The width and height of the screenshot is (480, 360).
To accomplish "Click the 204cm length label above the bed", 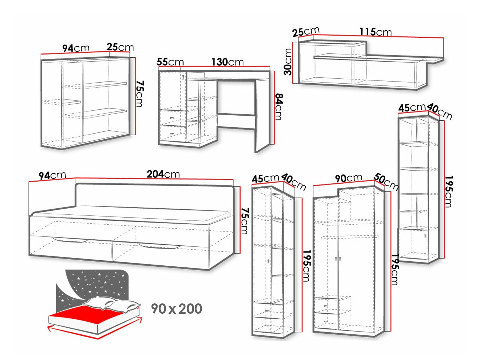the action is [163, 174].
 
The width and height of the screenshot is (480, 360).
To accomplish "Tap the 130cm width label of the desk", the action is [227, 62].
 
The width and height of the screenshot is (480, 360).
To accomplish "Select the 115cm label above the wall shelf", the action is [375, 32].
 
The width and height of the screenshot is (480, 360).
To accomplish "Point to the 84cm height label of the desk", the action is [279, 107].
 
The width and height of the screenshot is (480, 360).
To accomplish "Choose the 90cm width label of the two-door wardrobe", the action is [349, 178].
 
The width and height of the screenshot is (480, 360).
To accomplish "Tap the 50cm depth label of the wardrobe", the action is [386, 182].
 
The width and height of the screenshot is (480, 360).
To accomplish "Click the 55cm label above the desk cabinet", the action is [170, 62].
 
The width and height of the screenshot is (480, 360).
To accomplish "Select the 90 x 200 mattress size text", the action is [176, 309].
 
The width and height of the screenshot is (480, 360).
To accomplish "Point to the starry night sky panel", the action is [92, 285].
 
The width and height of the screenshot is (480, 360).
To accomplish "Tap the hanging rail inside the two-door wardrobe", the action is [349, 236].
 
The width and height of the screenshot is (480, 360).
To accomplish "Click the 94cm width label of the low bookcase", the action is [76, 48].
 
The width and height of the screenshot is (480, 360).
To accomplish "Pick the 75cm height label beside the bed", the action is [244, 221].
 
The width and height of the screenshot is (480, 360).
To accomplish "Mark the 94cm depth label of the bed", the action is [52, 175].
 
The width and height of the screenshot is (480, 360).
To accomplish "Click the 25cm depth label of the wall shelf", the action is [306, 32].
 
